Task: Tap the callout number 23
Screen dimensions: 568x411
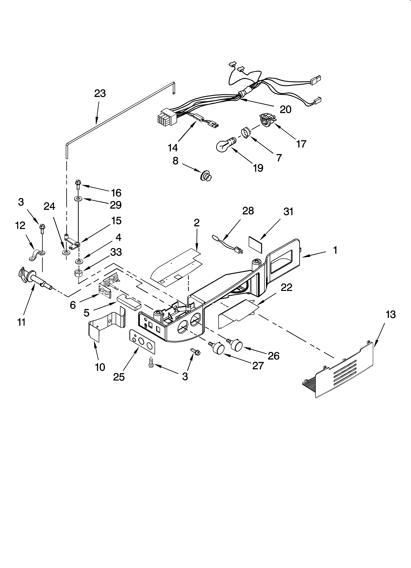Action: point(100,94)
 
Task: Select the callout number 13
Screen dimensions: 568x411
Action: point(390,315)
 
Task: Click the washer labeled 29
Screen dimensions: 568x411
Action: point(78,199)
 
